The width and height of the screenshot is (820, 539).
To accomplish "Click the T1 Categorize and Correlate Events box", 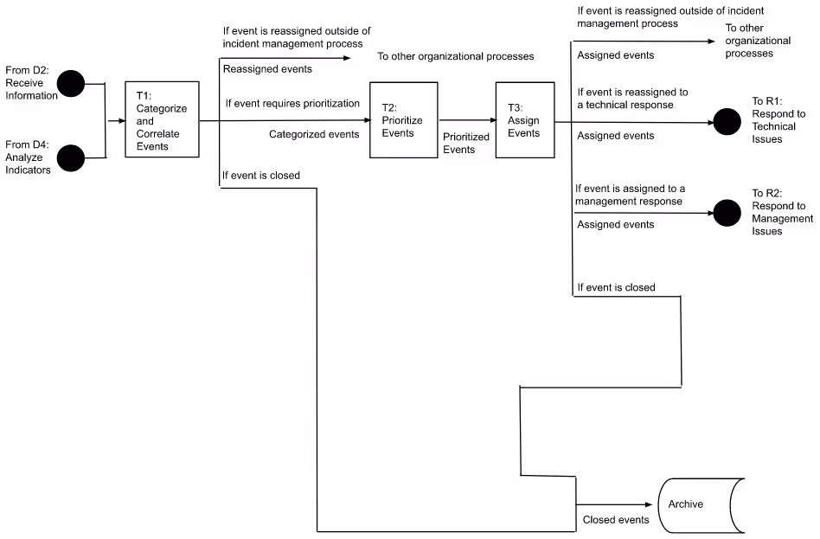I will [163, 119].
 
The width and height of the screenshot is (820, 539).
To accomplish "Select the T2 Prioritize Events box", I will [403, 119].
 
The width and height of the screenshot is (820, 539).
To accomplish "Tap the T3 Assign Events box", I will [525, 119].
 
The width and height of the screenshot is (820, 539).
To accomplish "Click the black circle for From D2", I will [71, 84].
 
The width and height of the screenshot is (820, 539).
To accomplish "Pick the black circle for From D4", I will [71, 157].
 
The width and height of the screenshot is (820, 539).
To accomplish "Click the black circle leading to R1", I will [727, 122].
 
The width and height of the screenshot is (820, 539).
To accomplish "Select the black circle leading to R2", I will [727, 211].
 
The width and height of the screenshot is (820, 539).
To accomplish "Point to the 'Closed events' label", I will [615, 520].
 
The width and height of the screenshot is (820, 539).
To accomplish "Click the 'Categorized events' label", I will [314, 134].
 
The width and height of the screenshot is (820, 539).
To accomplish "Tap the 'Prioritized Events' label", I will [459, 143].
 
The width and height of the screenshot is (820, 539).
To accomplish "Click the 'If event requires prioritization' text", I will [292, 103].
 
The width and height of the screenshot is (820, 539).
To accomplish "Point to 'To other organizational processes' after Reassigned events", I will [455, 56].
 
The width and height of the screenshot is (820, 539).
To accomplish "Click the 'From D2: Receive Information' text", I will [31, 83].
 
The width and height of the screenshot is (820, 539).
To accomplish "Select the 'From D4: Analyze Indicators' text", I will [28, 157].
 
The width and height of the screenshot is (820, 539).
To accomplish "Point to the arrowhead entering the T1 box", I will [122, 121].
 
